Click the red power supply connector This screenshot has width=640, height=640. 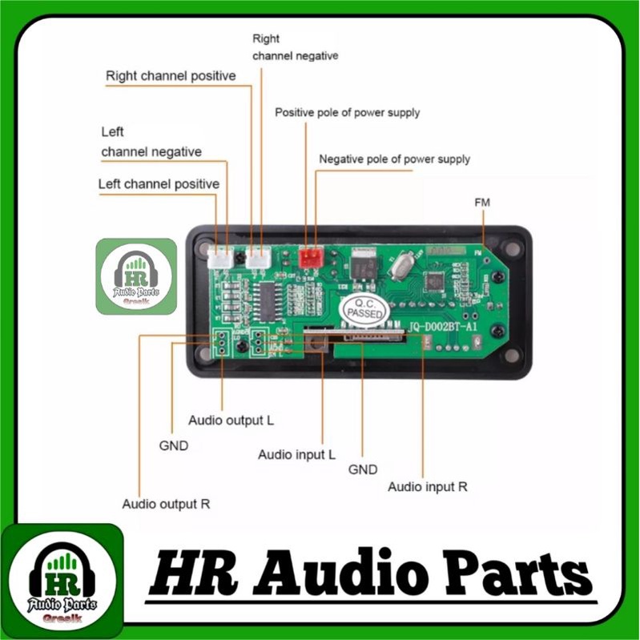pyautogui.click(x=309, y=256)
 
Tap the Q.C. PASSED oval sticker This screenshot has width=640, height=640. pyautogui.click(x=364, y=309)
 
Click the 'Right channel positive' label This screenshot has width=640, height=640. pyautogui.click(x=171, y=76)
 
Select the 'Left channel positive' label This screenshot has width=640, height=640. pyautogui.click(x=159, y=184)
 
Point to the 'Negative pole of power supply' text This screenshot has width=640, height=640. pyautogui.click(x=394, y=159)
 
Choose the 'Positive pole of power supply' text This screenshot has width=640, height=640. pyautogui.click(x=347, y=113)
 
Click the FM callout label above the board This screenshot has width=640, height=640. pyautogui.click(x=482, y=203)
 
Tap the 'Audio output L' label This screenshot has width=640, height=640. pyautogui.click(x=231, y=420)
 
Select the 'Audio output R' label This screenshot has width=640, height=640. pyautogui.click(x=166, y=505)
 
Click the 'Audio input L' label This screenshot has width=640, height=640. pyautogui.click(x=296, y=455)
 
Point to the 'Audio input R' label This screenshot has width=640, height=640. pyautogui.click(x=427, y=486)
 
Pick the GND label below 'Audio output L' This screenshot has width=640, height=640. pyautogui.click(x=173, y=446)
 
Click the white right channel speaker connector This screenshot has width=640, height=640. pyautogui.click(x=258, y=258)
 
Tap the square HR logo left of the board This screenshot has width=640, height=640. pyautogui.click(x=136, y=276)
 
